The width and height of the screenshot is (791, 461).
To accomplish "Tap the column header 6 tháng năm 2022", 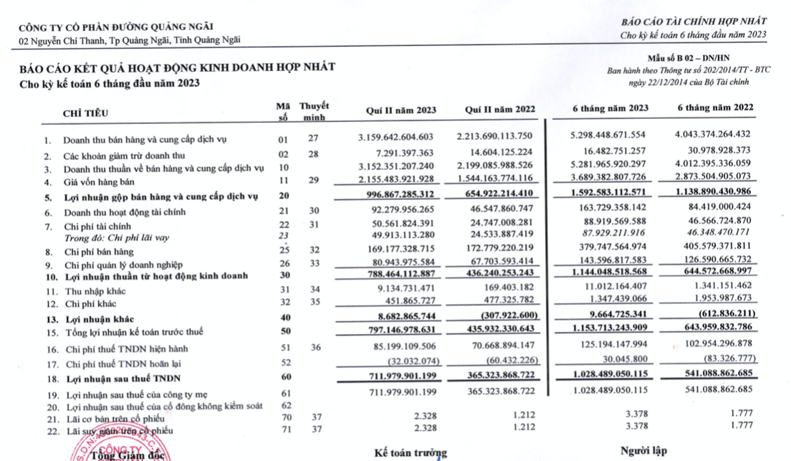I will point(716,108).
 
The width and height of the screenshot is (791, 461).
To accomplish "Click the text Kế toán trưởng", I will point(411,453).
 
